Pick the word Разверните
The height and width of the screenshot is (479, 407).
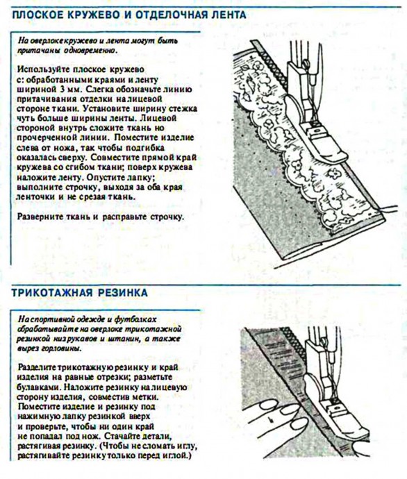[x=39, y=217]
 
